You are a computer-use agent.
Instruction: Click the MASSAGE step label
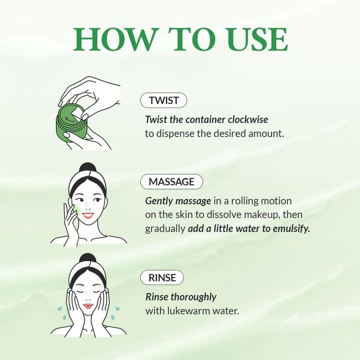171,182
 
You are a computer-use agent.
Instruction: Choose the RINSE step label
162,278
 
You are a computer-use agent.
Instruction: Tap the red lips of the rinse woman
87,306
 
